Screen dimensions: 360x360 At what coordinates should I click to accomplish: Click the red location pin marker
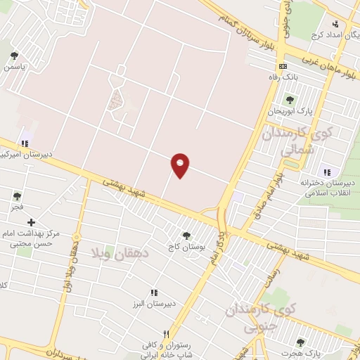(181, 165)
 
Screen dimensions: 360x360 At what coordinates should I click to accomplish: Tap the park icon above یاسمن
(14, 56)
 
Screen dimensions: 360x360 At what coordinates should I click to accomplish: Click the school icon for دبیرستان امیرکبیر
(25, 143)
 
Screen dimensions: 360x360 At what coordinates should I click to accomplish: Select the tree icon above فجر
(17, 196)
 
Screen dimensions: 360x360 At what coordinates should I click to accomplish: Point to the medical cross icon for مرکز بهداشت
(31, 222)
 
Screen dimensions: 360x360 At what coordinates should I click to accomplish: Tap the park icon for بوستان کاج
(186, 236)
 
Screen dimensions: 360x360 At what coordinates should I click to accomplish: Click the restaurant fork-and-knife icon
(166, 334)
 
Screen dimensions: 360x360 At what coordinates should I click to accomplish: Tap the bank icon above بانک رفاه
(283, 65)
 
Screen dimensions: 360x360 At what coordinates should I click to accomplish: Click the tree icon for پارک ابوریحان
(289, 99)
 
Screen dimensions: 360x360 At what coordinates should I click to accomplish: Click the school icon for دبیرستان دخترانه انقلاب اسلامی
(326, 172)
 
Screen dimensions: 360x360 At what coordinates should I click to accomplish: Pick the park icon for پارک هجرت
(300, 342)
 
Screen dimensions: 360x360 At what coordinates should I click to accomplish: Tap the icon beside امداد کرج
(336, 25)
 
